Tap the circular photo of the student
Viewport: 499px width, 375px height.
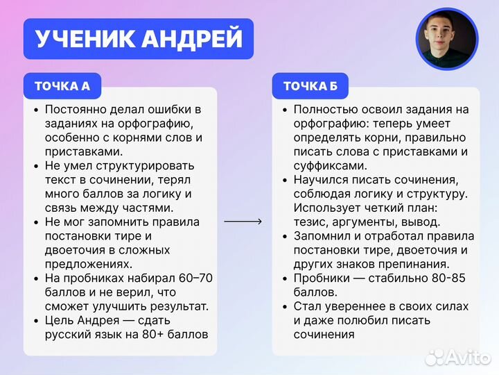(446, 38)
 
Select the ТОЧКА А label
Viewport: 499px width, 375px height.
(62, 86)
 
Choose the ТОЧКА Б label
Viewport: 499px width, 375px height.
(310, 86)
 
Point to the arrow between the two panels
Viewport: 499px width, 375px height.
(243, 222)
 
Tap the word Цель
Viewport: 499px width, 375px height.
(59, 320)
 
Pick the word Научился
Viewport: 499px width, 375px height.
(322, 179)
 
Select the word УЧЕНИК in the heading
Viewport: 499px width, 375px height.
(85, 39)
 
